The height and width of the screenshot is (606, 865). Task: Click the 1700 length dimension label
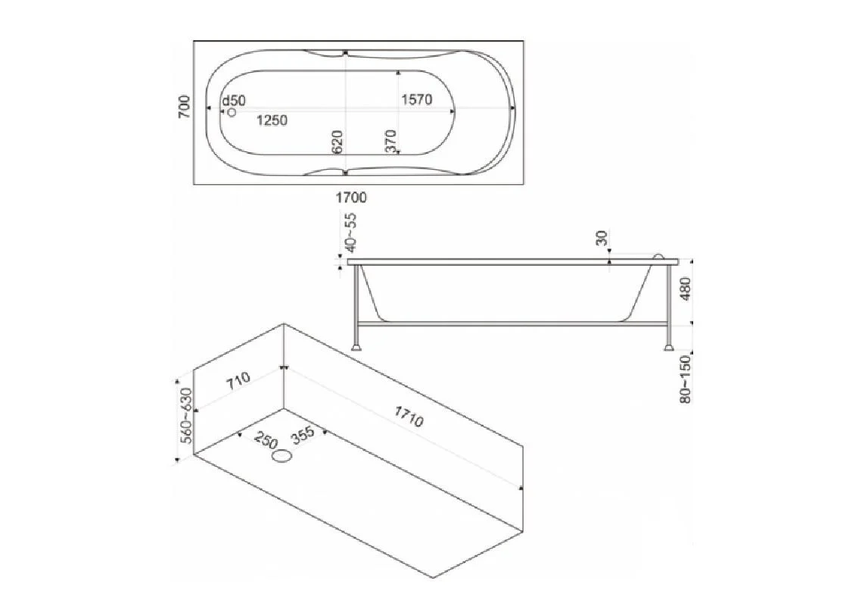tap(351, 197)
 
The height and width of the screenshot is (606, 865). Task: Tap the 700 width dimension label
tap(185, 107)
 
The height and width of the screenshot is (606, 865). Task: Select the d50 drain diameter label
tap(234, 101)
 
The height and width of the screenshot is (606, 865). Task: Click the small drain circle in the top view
tap(232, 112)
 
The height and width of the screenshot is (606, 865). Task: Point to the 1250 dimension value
tap(272, 120)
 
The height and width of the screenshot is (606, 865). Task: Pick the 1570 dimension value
tap(416, 100)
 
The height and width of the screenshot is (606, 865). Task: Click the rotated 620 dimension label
tap(338, 142)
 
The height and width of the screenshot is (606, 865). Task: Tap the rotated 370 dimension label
tap(390, 141)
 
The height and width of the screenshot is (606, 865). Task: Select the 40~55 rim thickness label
tap(351, 233)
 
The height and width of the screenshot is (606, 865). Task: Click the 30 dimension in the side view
tap(602, 238)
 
